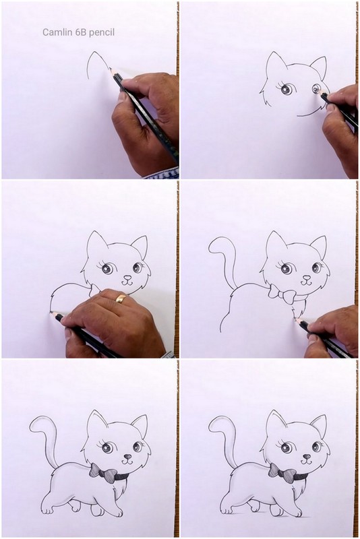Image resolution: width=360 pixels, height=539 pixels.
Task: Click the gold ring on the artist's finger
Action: pyautogui.click(x=121, y=298)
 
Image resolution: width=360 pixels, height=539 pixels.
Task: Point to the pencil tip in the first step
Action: pyautogui.click(x=111, y=69)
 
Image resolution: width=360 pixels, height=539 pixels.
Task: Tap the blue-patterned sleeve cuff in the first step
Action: pyautogui.click(x=162, y=173)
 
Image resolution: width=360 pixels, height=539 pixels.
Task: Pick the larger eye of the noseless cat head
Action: pyautogui.click(x=287, y=89)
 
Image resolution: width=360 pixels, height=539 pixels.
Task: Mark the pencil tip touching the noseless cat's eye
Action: pyautogui.click(x=320, y=92)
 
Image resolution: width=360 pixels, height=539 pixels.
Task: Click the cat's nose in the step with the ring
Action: pyautogui.click(x=127, y=276)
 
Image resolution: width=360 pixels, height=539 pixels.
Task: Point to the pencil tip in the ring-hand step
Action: pyautogui.click(x=53, y=313)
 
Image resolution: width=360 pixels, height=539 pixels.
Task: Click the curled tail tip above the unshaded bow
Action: pyautogui.click(x=213, y=246)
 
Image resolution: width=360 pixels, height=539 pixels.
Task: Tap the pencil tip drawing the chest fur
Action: pyautogui.click(x=296, y=319)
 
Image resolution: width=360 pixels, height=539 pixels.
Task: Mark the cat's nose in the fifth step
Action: pyautogui.click(x=127, y=457)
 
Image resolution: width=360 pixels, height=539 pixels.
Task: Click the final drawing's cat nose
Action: pyautogui.click(x=307, y=457)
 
